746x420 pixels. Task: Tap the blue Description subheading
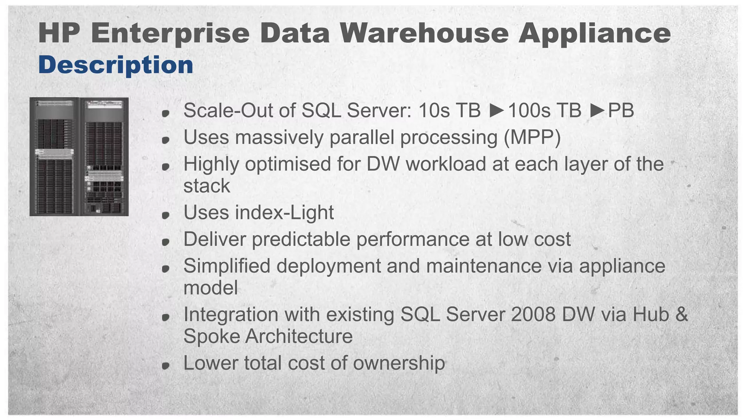click(x=116, y=65)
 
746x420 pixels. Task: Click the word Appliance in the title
click(x=594, y=34)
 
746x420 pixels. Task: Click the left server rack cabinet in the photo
click(x=55, y=157)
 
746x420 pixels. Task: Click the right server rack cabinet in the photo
click(x=104, y=157)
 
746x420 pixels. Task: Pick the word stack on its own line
click(x=207, y=186)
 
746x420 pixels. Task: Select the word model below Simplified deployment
click(x=211, y=288)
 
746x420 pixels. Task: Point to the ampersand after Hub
click(x=682, y=315)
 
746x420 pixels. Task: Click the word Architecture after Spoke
click(x=299, y=336)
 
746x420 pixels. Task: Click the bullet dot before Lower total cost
click(x=166, y=365)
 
